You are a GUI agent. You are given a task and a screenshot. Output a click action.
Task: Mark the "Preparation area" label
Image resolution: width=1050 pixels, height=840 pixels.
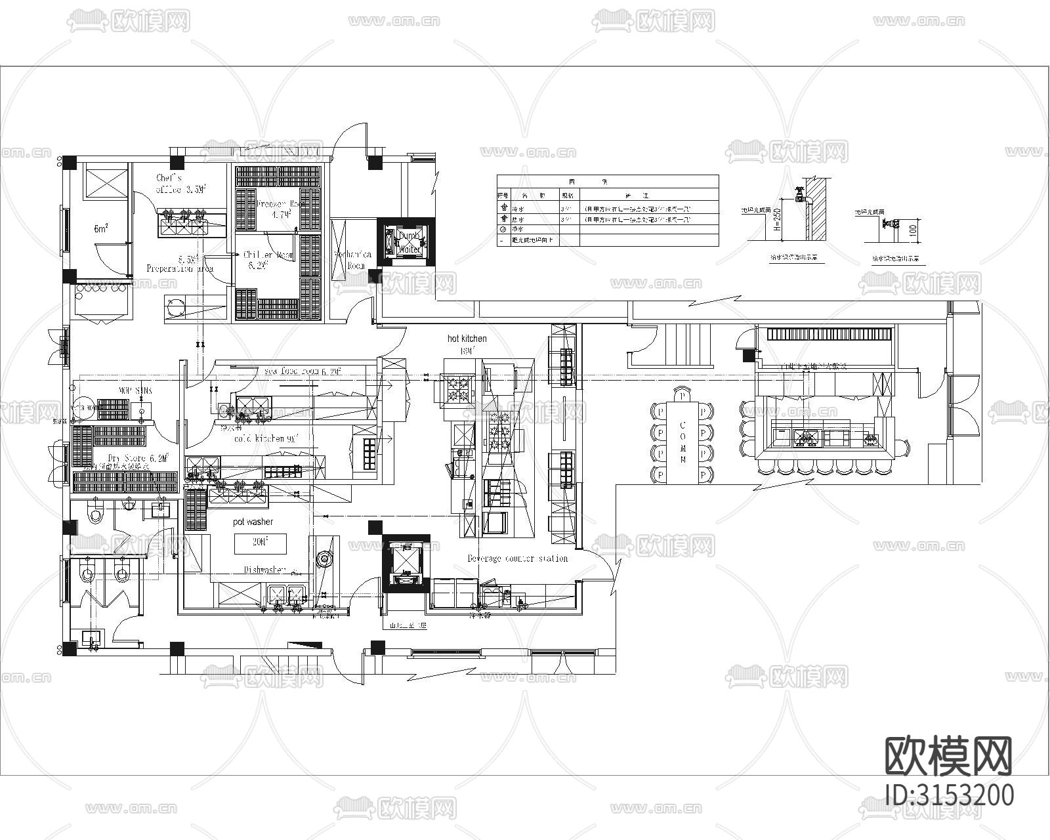(x=179, y=268)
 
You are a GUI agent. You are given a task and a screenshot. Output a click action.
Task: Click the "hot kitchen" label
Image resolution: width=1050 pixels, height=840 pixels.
(x=467, y=339)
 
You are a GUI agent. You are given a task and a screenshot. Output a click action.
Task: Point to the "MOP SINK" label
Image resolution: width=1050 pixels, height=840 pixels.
(x=135, y=390)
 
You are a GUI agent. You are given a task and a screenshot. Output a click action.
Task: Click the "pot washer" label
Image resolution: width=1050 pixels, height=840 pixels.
(x=253, y=522)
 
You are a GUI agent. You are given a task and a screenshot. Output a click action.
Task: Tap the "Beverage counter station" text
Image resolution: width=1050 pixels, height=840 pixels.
(x=517, y=558)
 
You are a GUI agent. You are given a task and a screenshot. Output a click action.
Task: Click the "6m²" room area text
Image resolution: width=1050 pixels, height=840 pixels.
(x=100, y=229)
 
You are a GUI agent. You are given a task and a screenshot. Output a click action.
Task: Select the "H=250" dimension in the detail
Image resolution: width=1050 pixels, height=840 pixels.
(x=776, y=221)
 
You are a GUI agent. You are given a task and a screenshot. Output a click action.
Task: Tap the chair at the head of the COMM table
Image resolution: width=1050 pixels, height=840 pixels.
(x=682, y=396)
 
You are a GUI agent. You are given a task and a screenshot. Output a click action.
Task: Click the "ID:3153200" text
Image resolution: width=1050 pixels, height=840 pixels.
(x=949, y=795)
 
